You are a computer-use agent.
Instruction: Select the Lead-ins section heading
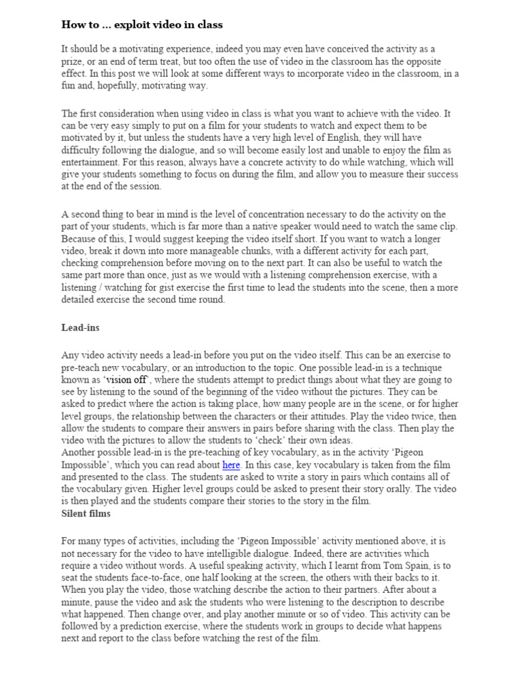click(x=80, y=327)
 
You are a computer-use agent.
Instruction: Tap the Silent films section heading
click(x=86, y=514)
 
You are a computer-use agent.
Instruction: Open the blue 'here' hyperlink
click(x=232, y=465)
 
